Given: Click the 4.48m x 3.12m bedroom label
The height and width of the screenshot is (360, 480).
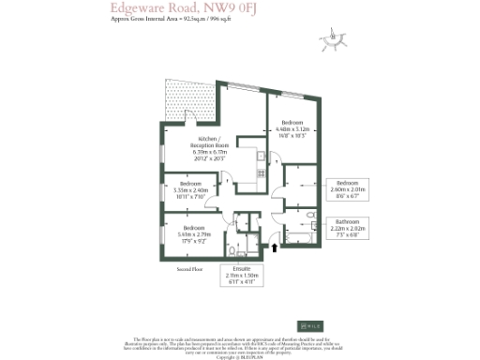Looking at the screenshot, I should point(291,129).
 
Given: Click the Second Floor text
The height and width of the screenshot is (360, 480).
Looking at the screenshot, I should point(190,269).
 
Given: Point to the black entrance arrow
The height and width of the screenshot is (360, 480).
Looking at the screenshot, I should point(274,247).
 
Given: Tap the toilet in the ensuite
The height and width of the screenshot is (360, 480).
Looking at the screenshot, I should point(232,250).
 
